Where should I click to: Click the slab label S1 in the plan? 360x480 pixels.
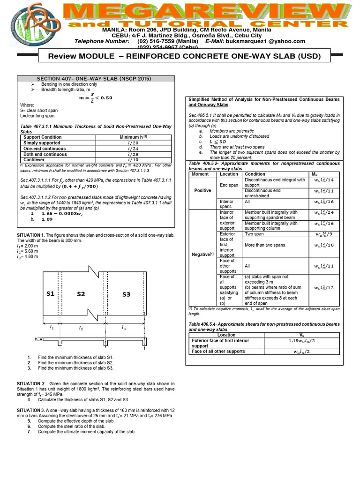click(50, 294)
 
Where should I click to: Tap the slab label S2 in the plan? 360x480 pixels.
click(81, 294)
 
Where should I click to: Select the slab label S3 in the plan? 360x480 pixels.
click(126, 294)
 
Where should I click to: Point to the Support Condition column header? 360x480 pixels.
click(42, 137)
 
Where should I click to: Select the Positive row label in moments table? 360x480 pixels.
click(203, 191)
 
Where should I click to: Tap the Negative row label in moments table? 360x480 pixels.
click(202, 254)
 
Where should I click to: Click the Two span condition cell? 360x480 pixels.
click(255, 233)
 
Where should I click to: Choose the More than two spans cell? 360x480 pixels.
click(265, 245)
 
